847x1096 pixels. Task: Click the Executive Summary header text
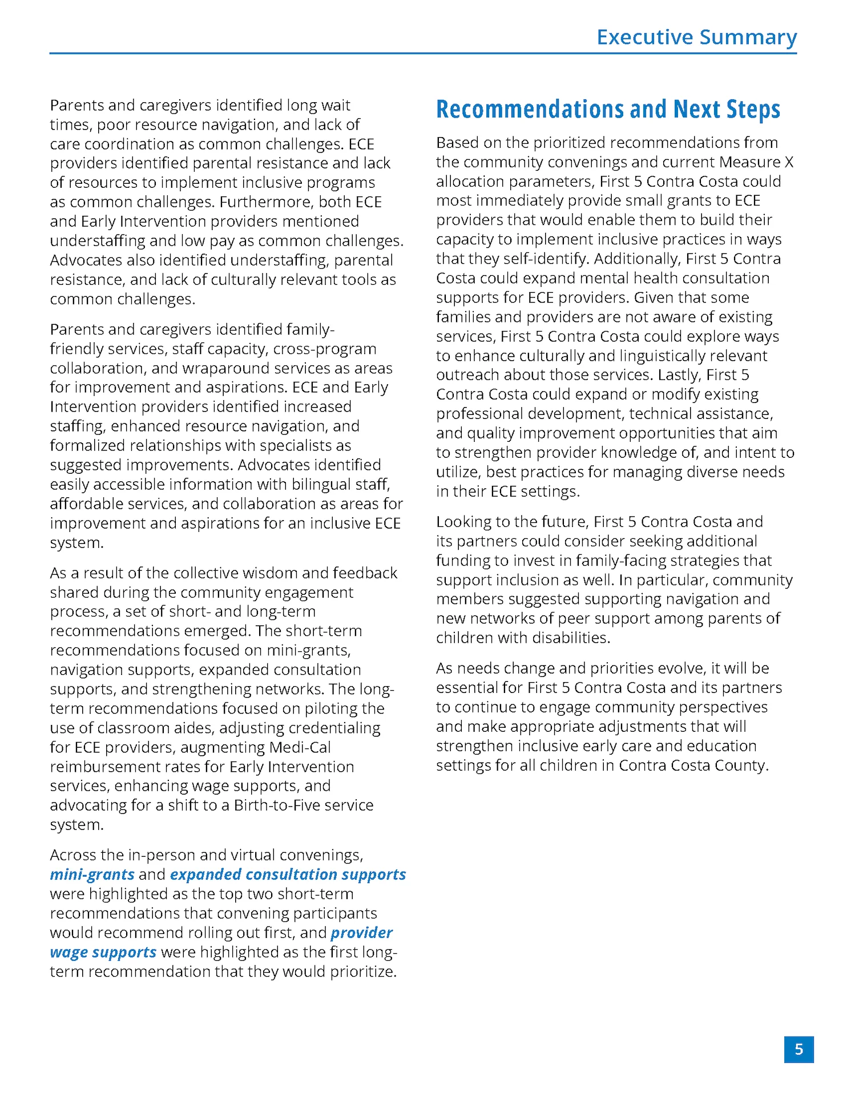(x=696, y=37)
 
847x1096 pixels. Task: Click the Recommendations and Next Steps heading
(x=608, y=109)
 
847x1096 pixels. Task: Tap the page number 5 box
(x=798, y=1049)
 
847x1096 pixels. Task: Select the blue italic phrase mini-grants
(x=92, y=875)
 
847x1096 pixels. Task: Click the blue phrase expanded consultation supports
(x=288, y=875)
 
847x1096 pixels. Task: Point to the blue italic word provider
(x=362, y=933)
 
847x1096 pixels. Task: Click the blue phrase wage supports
(x=103, y=952)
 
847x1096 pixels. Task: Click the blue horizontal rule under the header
(x=422, y=54)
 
